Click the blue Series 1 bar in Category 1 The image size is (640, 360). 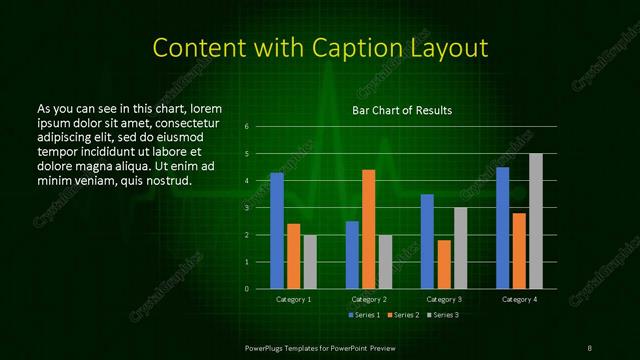click(277, 231)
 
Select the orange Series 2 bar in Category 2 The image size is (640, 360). click(368, 229)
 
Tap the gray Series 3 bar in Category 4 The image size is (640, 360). click(535, 221)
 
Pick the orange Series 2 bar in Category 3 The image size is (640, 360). click(444, 264)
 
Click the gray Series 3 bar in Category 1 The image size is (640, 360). click(309, 262)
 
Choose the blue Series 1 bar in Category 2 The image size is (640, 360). click(352, 255)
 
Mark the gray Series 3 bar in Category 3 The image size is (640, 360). click(460, 248)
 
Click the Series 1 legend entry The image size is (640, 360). click(362, 315)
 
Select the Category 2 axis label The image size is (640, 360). click(368, 299)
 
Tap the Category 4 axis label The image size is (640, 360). click(519, 299)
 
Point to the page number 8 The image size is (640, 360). click(590, 346)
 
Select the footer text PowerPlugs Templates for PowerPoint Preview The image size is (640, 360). click(320, 346)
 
